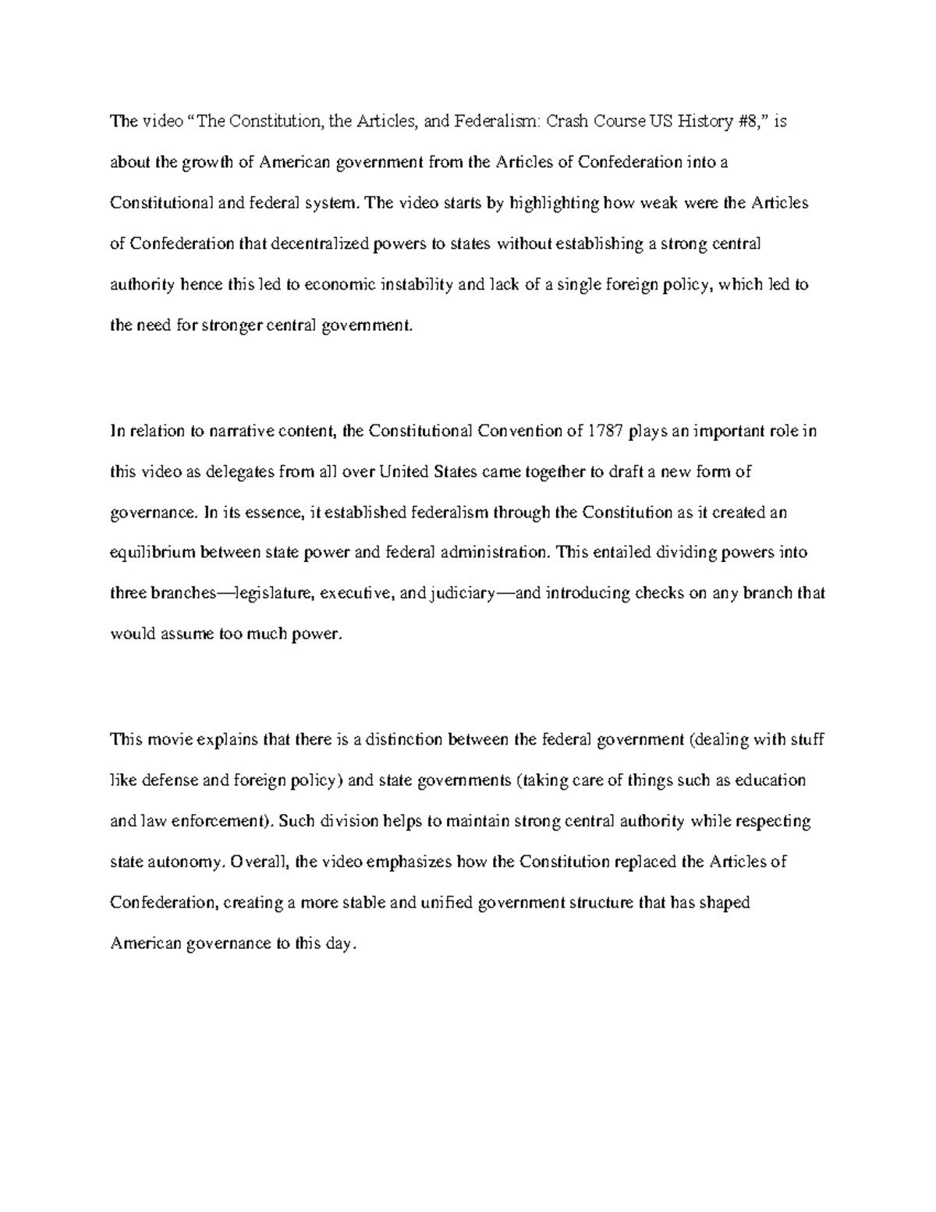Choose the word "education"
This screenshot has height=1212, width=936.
click(769, 780)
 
